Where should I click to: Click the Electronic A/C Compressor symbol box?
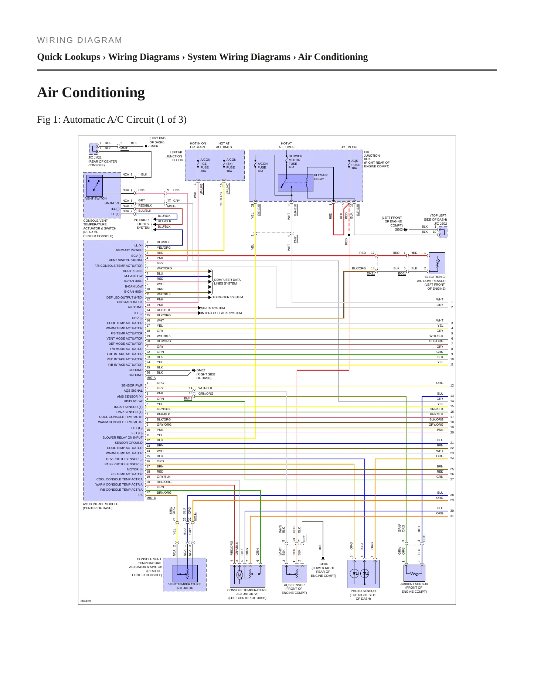point(437,263)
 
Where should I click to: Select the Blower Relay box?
point(296,183)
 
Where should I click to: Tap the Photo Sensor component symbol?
point(363,574)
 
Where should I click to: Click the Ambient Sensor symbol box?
point(414,573)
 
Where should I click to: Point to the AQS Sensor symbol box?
point(294,573)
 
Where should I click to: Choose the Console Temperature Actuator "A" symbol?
point(247,576)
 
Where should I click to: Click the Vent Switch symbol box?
point(94,185)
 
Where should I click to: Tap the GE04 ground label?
point(323,564)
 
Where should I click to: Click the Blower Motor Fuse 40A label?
point(295,161)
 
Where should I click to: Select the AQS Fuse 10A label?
point(355,164)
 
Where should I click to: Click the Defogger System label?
point(227,297)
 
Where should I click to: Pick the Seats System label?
point(213,308)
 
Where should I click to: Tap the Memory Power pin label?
point(129,250)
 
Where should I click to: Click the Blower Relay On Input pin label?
point(122,438)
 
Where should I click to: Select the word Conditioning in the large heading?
point(103,92)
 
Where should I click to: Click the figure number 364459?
point(86,601)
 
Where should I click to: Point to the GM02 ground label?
point(201,370)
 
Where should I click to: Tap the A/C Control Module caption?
point(101,506)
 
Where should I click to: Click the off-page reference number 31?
point(452,516)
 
